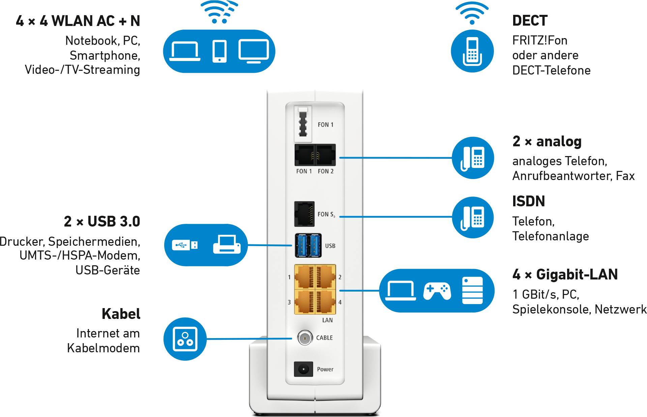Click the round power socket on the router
(x=303, y=369)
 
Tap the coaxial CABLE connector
(x=305, y=338)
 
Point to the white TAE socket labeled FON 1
(x=303, y=124)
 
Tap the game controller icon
(x=437, y=291)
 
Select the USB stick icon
(x=185, y=245)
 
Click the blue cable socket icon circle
(x=185, y=339)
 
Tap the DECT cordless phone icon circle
(x=472, y=51)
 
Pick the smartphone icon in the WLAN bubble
(x=219, y=51)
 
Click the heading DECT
(x=530, y=21)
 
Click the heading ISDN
(x=528, y=202)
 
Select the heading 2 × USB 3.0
(x=102, y=221)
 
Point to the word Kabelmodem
(x=103, y=348)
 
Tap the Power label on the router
(x=325, y=369)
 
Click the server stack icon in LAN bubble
(x=472, y=291)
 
